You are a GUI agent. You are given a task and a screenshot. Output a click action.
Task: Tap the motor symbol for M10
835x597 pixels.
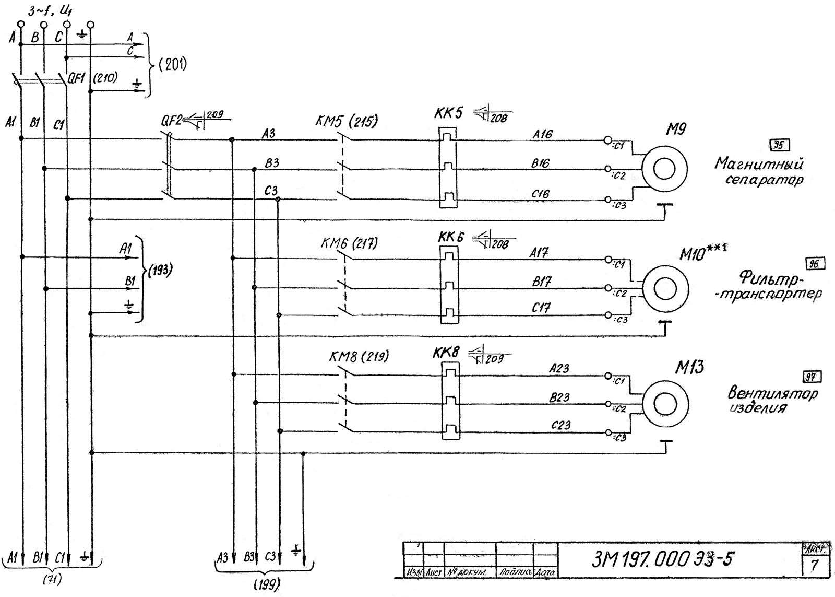[665, 289]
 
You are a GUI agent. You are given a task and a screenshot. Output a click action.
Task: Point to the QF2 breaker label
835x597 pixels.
[171, 121]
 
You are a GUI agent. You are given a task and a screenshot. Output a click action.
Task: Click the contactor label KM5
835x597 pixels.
[330, 122]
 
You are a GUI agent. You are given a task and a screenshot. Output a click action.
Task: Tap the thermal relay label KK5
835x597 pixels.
[447, 113]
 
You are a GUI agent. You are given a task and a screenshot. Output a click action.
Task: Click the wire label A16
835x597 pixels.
[542, 134]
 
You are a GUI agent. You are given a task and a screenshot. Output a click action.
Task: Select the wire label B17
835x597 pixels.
[541, 282]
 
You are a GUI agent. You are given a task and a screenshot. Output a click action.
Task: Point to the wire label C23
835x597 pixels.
[560, 425]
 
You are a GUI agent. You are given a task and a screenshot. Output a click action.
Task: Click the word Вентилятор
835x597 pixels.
[772, 393]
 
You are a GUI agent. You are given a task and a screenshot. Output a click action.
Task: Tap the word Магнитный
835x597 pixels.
[758, 164]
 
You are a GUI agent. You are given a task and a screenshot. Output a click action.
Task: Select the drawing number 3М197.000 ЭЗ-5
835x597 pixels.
[662, 559]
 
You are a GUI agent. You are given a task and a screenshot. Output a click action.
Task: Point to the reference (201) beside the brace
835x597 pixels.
[172, 65]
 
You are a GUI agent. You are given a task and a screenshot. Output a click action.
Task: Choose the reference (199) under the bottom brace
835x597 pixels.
[266, 583]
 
